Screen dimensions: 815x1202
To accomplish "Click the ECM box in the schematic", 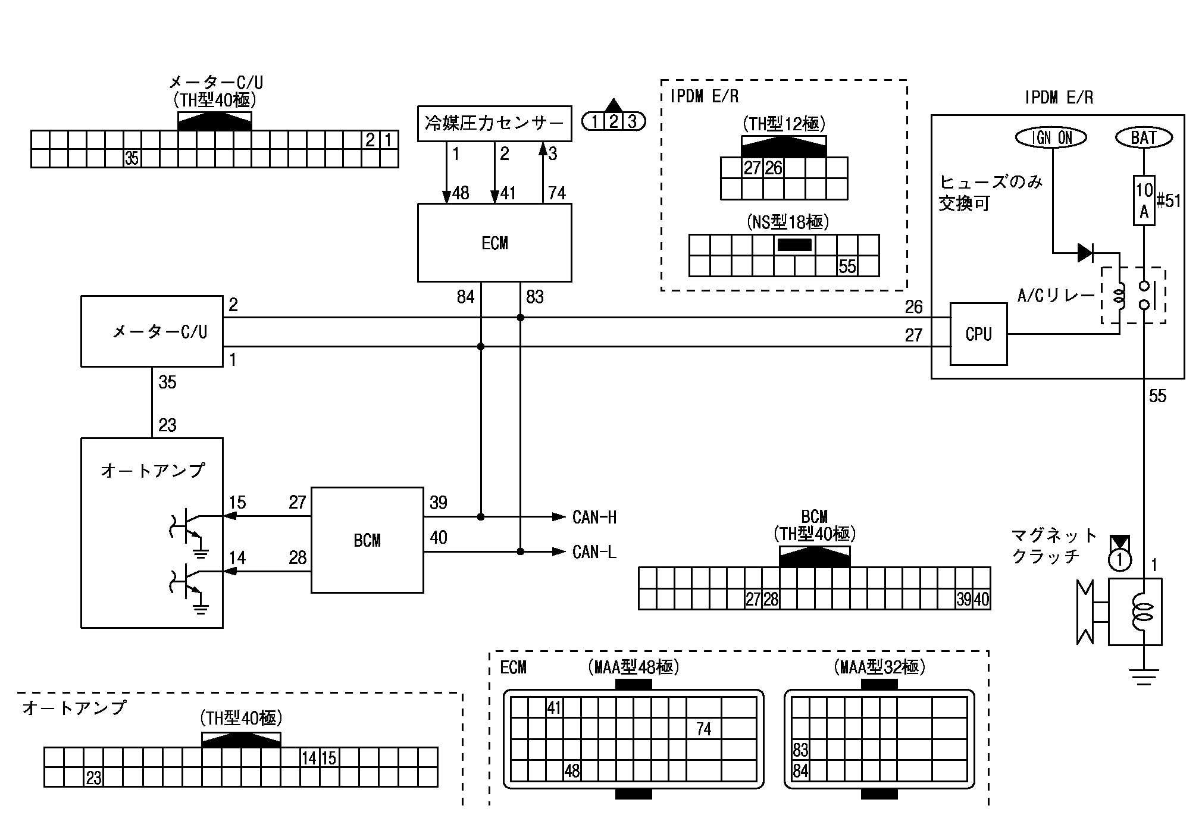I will [x=494, y=243].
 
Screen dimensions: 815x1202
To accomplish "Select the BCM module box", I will [x=367, y=540].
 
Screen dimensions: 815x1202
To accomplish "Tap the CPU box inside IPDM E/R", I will [x=978, y=334].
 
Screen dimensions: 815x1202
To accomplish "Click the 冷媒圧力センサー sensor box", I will [x=494, y=124].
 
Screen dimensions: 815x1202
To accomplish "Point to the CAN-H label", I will [x=594, y=517].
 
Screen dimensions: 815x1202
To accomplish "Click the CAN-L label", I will [x=594, y=552].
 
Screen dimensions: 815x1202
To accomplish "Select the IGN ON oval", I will [x=1051, y=138].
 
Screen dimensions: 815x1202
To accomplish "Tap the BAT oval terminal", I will [x=1143, y=138].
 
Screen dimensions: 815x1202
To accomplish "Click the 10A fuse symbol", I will [x=1144, y=200].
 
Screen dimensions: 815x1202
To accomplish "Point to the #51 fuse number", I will [x=1169, y=201].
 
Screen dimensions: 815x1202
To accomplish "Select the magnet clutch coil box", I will [x=1135, y=612].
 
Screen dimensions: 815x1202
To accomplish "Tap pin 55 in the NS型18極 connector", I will [x=847, y=267].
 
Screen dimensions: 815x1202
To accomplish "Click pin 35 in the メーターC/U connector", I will [x=132, y=158].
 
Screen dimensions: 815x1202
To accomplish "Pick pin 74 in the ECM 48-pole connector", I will [x=703, y=729].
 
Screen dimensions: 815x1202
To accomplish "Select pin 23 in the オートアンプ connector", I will [x=93, y=778].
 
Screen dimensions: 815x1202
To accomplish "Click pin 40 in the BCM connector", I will [x=982, y=600].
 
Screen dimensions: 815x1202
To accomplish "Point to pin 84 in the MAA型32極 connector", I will [x=800, y=771].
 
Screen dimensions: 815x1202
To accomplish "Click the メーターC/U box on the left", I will [x=152, y=331].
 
